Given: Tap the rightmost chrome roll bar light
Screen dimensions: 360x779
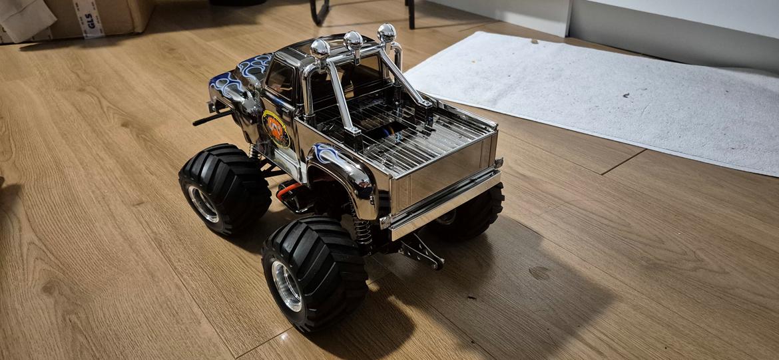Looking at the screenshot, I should (x=386, y=33).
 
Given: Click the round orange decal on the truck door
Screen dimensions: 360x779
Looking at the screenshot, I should (x=276, y=128).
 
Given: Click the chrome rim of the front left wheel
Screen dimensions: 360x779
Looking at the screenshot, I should (x=203, y=203).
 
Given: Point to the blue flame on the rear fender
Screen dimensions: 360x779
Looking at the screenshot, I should (x=326, y=154).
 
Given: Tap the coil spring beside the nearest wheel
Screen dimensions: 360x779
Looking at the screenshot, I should (x=361, y=230).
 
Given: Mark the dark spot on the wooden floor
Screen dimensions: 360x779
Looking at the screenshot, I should (x=539, y=273).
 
